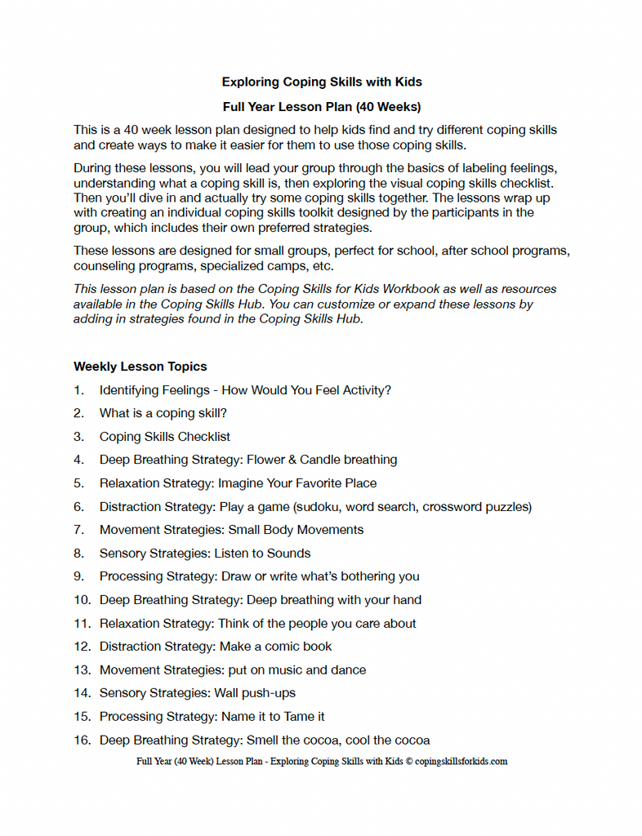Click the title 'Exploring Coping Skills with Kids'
click(x=321, y=82)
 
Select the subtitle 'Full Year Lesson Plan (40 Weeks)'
click(x=321, y=106)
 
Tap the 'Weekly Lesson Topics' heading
click(x=140, y=367)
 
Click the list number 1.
click(x=78, y=390)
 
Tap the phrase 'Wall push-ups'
click(x=255, y=693)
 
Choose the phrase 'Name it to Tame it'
click(x=273, y=717)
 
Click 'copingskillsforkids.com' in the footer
click(x=461, y=762)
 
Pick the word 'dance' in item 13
click(x=348, y=670)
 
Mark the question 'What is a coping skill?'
click(x=163, y=413)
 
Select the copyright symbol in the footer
click(x=409, y=762)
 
